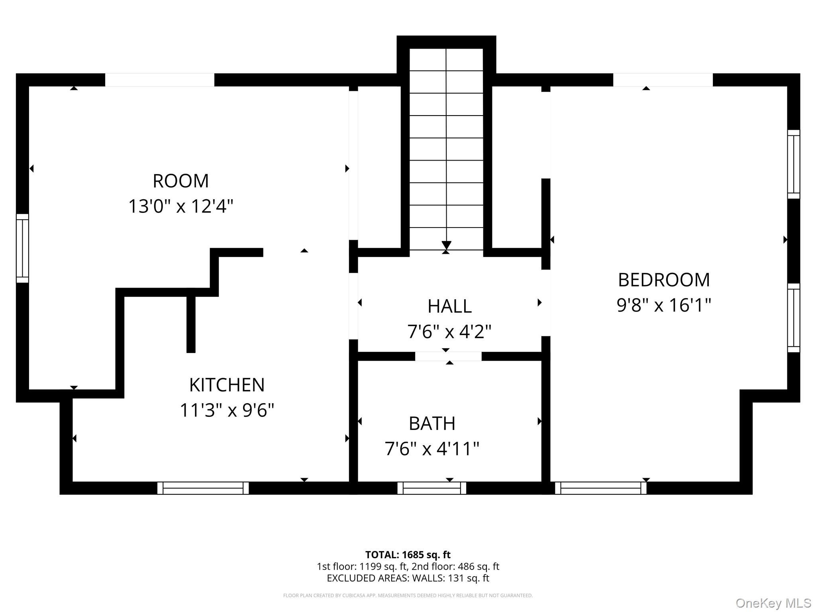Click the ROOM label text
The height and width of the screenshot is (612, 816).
click(x=180, y=181)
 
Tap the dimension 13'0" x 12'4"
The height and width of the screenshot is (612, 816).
click(x=180, y=207)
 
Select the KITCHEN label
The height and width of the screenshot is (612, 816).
click(x=227, y=385)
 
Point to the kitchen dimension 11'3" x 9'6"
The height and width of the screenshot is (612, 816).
click(x=227, y=410)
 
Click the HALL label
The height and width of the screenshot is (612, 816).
click(x=449, y=306)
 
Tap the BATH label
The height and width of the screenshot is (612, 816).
click(x=432, y=424)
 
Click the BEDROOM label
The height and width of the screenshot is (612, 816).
click(x=664, y=280)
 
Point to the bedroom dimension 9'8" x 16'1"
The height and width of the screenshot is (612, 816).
click(x=664, y=306)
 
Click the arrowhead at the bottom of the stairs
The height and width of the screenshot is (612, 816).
click(x=446, y=245)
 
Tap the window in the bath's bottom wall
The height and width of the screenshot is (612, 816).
click(x=432, y=488)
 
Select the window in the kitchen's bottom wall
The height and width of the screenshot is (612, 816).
click(x=203, y=488)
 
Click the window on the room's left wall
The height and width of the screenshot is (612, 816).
click(x=22, y=248)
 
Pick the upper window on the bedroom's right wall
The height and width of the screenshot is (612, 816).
click(x=793, y=164)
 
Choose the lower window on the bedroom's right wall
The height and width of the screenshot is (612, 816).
click(x=793, y=318)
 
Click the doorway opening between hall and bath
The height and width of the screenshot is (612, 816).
click(x=448, y=356)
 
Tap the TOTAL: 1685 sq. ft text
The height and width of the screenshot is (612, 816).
click(x=408, y=555)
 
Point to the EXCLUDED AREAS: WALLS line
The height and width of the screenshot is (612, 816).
click(x=408, y=578)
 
